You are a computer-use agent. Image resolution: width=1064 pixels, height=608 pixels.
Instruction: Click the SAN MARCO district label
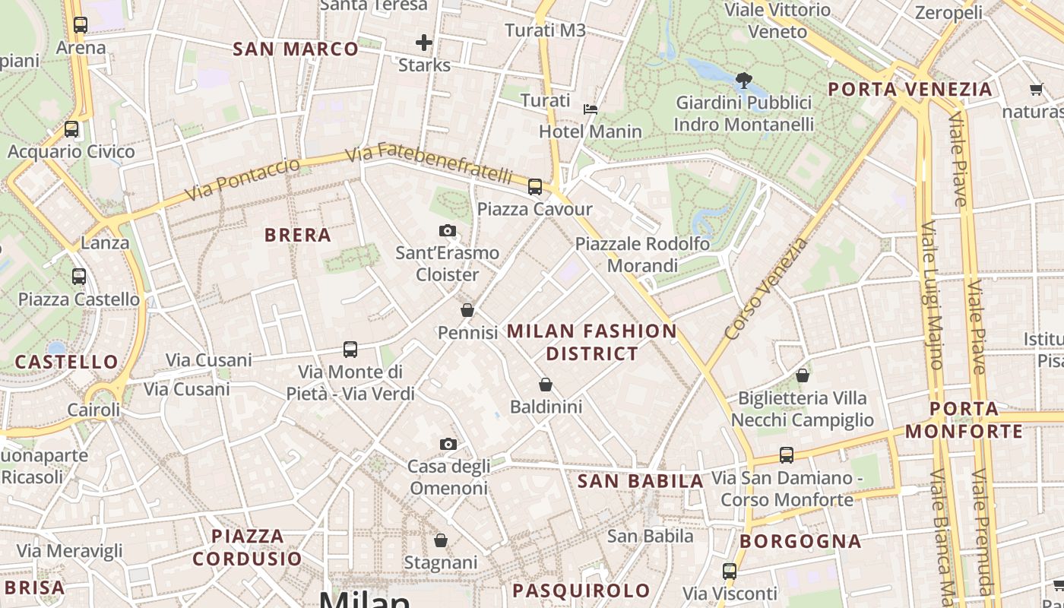(x=295, y=49)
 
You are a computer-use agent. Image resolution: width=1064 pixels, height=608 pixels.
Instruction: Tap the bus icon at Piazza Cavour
(x=535, y=186)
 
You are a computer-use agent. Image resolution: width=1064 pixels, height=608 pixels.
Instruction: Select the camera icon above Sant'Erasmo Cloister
(x=448, y=230)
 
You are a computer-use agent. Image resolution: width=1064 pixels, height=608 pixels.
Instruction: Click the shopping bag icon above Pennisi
(x=467, y=310)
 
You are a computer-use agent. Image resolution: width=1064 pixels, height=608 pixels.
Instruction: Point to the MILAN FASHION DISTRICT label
(x=591, y=342)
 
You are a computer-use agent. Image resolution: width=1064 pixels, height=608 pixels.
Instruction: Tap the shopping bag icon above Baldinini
(x=545, y=385)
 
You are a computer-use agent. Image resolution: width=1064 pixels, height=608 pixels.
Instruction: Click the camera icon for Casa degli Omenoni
(x=448, y=444)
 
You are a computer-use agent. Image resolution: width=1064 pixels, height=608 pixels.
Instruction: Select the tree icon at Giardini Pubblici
(x=744, y=80)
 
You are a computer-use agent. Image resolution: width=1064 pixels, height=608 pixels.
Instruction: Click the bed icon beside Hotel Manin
(x=590, y=109)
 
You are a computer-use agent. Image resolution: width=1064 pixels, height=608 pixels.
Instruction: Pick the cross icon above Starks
(x=424, y=43)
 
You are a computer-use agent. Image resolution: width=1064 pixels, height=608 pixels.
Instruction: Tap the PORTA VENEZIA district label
(x=910, y=90)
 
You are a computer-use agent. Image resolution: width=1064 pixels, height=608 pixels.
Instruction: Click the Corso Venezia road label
(x=766, y=289)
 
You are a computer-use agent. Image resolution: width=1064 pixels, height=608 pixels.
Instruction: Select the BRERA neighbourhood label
(x=298, y=236)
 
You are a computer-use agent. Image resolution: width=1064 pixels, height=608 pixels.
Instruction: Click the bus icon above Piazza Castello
(x=79, y=277)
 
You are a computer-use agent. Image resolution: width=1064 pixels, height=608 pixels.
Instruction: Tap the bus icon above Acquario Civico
(x=71, y=129)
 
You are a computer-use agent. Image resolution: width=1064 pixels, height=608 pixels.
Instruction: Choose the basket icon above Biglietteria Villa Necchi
(x=802, y=375)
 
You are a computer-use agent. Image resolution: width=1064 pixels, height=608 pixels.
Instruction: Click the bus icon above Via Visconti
(x=730, y=571)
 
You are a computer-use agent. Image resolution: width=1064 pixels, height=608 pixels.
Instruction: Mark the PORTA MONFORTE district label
(x=964, y=420)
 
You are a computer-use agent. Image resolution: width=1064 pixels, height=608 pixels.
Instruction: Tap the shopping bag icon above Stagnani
(x=441, y=540)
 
